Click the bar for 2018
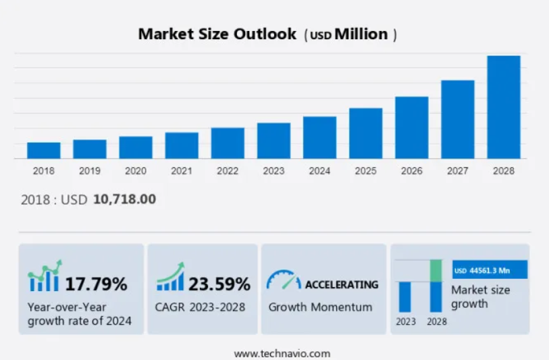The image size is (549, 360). tap(44, 150)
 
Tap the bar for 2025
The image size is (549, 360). tap(365, 133)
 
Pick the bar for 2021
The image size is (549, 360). tap(182, 145)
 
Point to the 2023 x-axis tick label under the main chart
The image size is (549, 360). tap(273, 172)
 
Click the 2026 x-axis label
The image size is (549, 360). tap(411, 172)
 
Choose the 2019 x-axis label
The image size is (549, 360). tap(90, 172)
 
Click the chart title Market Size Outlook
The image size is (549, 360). tap(217, 34)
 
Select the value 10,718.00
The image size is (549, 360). tap(124, 200)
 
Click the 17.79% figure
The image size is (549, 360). tap(96, 284)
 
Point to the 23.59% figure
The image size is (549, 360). tap(219, 284)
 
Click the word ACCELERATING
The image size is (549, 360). tap(341, 284)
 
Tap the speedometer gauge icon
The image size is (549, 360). tap(283, 280)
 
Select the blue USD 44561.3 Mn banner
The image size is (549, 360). tap(489, 270)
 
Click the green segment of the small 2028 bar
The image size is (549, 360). tap(436, 270)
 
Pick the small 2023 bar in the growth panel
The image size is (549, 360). tap(405, 297)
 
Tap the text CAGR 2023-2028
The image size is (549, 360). tap(200, 307)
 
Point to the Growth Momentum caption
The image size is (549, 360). tap(320, 307)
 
